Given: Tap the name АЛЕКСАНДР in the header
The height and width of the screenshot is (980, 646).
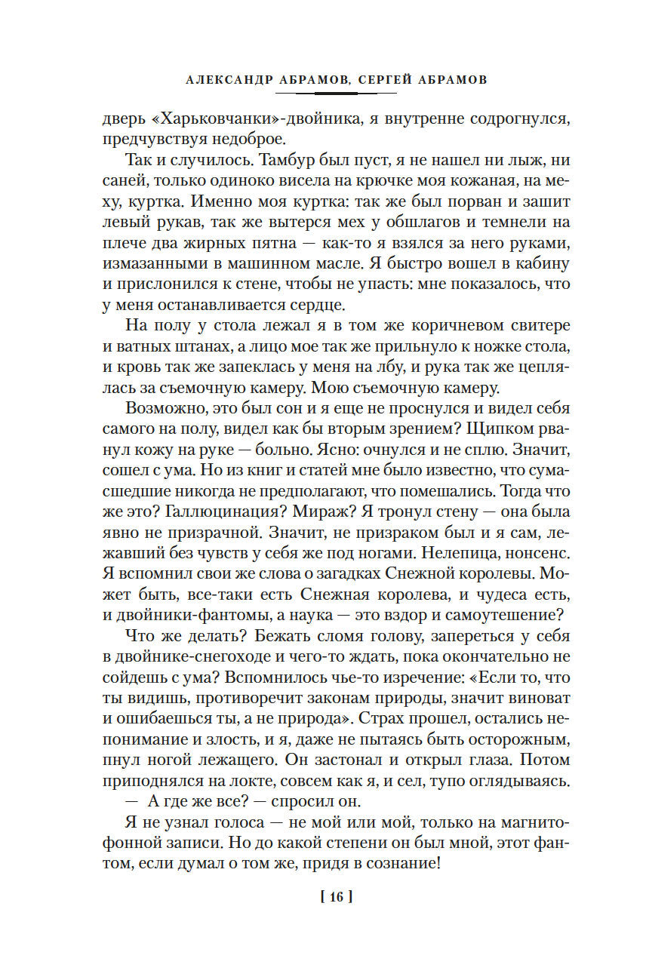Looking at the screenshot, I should tap(225, 78).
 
